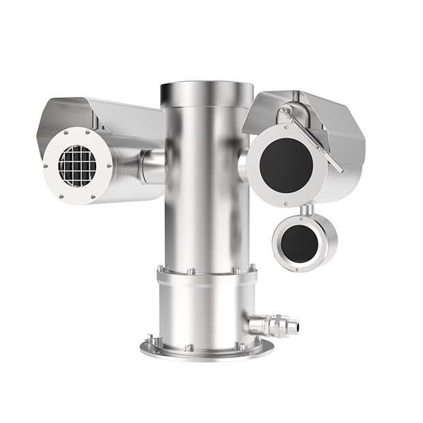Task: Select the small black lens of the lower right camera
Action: [x=297, y=242]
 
